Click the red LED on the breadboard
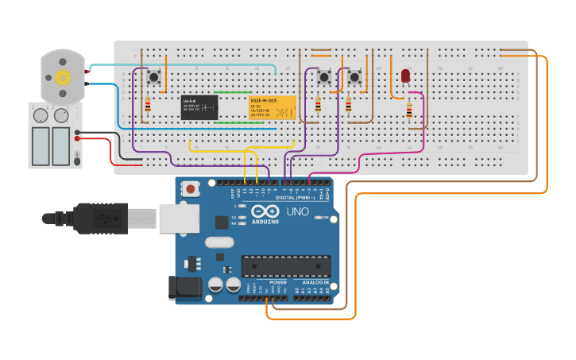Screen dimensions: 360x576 [405, 76]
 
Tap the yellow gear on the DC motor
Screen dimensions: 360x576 [63, 77]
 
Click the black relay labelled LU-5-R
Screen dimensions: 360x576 [199, 107]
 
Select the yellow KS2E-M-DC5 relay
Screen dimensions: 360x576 [273, 107]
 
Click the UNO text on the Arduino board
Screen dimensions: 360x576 [297, 212]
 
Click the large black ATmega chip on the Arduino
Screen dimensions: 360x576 [286, 266]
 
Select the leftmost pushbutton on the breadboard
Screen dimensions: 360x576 [153, 78]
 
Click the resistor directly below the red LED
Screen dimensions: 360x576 [409, 110]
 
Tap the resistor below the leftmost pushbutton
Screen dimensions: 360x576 [149, 104]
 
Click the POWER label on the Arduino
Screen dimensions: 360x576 [278, 282]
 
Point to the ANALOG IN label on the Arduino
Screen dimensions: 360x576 [315, 282]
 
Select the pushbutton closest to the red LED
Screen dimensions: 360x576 [354, 77]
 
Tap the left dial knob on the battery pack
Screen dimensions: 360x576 [40, 116]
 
